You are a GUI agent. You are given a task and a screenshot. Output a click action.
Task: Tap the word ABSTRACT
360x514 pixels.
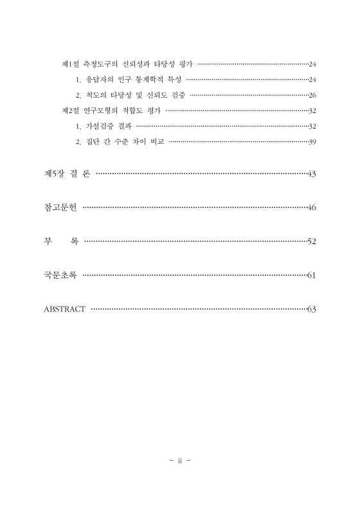[x=64, y=309]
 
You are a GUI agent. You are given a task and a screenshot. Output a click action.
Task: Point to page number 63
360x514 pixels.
[x=312, y=309]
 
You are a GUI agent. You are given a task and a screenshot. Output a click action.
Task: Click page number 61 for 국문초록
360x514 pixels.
[x=312, y=276]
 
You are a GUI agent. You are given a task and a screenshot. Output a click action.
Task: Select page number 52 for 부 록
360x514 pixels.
[x=312, y=242]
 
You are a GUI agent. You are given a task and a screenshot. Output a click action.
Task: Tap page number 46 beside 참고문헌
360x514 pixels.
[x=312, y=208]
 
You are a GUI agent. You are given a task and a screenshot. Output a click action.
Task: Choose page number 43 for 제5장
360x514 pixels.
[x=312, y=174]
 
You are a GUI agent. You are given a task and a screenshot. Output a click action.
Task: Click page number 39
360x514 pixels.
[x=312, y=141]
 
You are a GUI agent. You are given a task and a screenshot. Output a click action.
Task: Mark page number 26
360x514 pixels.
[x=312, y=95]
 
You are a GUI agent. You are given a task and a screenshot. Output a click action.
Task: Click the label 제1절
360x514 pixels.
[x=69, y=64]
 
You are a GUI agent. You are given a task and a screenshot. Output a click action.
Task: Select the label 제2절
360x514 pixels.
[x=69, y=111]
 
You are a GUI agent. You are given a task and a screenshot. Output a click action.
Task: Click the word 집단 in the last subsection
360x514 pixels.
[x=92, y=141]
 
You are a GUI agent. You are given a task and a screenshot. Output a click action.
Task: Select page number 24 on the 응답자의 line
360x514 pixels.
[x=312, y=80]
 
